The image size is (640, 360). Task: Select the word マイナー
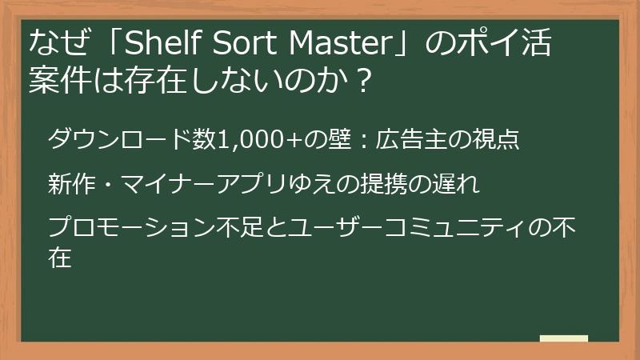click(169, 184)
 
